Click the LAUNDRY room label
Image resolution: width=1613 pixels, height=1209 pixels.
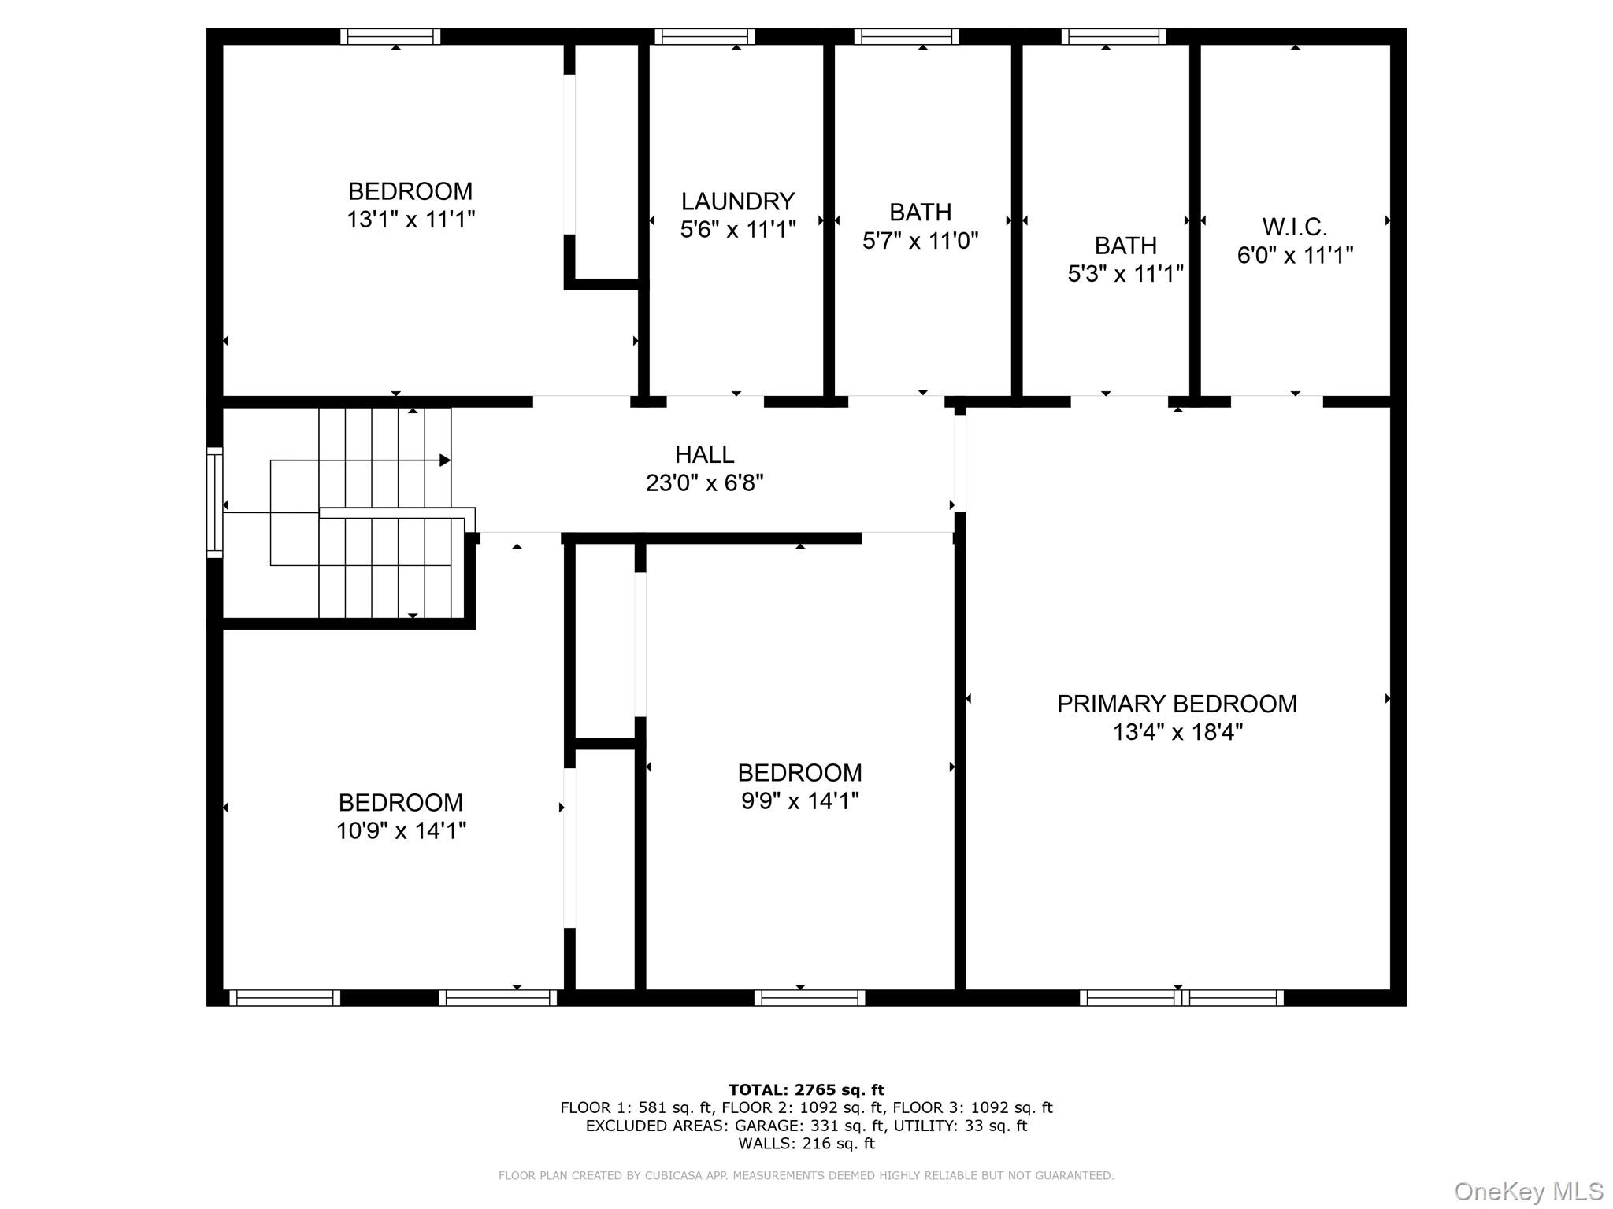(737, 201)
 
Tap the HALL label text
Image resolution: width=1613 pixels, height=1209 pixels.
(704, 454)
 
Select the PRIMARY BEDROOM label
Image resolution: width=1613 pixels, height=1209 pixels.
(1177, 704)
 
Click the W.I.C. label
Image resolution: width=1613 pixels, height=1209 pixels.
(1295, 227)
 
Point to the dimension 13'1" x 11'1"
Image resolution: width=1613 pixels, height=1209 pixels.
(410, 220)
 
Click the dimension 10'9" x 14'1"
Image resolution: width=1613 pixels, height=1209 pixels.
(401, 831)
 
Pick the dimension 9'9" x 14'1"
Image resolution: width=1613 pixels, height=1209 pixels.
(799, 801)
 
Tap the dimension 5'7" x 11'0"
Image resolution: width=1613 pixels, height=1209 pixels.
(920, 241)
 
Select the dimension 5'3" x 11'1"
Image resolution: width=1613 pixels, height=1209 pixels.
(1125, 274)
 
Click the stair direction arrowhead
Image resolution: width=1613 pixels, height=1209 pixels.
(445, 460)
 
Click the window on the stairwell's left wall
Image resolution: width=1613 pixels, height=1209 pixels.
(214, 502)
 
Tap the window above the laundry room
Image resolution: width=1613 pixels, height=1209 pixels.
(704, 36)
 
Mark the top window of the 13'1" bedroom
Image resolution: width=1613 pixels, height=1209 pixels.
(391, 36)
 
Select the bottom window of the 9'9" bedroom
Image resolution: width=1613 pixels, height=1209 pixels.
(810, 998)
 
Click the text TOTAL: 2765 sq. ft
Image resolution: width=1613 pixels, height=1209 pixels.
(806, 1090)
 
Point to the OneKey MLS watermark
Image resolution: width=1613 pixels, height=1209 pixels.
(1528, 1191)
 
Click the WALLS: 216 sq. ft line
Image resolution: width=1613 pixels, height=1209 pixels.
(806, 1144)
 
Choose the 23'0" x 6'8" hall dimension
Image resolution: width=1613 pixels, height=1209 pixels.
(704, 482)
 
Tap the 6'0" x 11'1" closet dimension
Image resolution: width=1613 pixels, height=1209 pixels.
(1295, 256)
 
